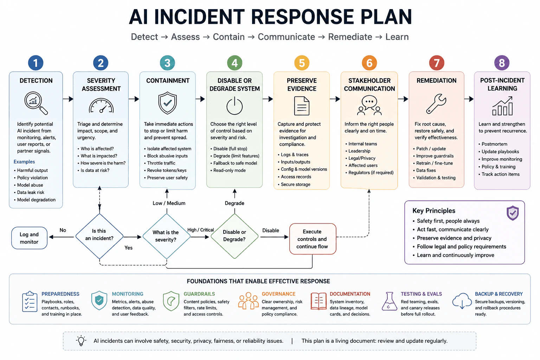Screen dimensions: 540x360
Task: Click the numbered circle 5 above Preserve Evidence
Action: coord(302,63)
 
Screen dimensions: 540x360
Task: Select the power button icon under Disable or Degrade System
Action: coord(234,106)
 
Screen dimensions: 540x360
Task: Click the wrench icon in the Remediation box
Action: coord(436,104)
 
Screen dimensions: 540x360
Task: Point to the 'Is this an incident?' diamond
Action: coord(99,236)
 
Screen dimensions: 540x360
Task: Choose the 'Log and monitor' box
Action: coord(29,238)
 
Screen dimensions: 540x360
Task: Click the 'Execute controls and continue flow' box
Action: coord(313,239)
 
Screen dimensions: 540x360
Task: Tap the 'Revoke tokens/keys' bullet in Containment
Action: coord(167,170)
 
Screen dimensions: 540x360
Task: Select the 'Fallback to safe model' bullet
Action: coord(235,163)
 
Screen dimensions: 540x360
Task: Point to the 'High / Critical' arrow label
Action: coord(201,230)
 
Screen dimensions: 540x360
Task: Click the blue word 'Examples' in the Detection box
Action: coord(24,162)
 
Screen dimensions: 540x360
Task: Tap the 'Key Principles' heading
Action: coord(434,211)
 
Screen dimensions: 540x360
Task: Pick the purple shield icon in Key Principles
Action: coord(513,213)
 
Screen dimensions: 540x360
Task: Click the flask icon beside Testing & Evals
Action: coord(389,301)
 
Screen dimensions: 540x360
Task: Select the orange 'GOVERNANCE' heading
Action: coord(278,294)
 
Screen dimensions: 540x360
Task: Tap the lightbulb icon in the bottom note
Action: coord(81,340)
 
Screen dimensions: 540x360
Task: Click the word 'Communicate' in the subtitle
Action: coord(287,37)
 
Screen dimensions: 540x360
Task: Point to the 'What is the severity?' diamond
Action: coord(166,236)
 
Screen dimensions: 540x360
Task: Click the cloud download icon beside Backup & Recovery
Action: coord(462,301)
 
